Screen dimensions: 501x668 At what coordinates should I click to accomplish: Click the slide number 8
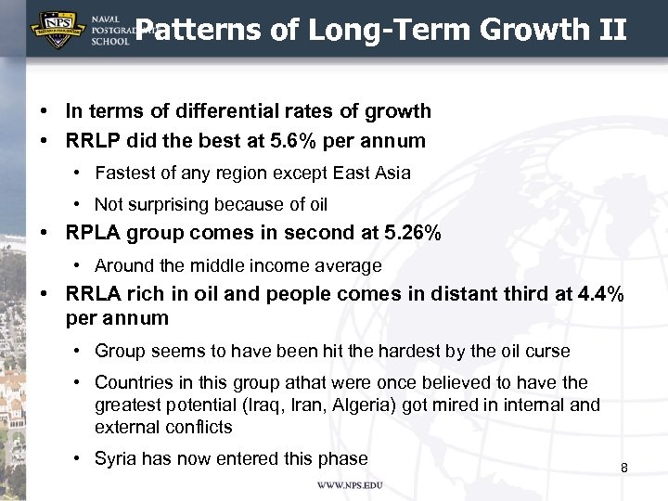coord(623,468)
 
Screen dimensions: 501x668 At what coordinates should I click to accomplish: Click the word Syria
coord(116,458)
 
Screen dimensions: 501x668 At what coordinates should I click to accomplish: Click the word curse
coord(548,352)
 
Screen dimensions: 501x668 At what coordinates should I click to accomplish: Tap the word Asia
coord(392,173)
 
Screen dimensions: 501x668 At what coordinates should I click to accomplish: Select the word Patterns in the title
coord(193,31)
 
